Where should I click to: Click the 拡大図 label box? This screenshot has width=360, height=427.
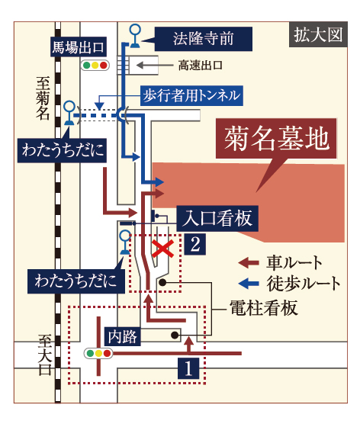coord(318,34)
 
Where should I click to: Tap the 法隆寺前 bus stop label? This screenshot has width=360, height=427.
coord(203,39)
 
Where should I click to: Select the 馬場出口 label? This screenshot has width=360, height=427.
coord(78,47)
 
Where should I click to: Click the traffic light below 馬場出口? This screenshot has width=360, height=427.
coord(95,66)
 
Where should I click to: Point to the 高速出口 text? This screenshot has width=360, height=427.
coord(200,66)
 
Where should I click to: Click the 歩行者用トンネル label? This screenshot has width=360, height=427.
coord(191,95)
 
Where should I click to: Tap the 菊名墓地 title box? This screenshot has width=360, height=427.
coord(276,138)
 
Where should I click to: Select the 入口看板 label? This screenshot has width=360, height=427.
coord(217,218)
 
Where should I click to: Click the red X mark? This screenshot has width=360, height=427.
coord(163,249)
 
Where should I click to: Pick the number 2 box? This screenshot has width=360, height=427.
coord(195,244)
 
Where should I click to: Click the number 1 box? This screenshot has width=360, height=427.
coord(188,368)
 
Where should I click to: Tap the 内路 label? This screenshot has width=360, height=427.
coord(123,336)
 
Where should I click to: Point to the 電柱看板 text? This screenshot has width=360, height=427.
coord(264,308)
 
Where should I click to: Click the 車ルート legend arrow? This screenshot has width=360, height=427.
coord(249,263)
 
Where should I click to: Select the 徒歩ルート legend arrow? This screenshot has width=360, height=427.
coord(249,284)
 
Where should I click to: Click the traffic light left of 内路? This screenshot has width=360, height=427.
coord(98,354)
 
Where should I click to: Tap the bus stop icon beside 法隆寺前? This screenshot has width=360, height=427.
coord(135,36)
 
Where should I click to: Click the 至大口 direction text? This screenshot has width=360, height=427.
coord(45,355)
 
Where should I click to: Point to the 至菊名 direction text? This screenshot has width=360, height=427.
coord(43,98)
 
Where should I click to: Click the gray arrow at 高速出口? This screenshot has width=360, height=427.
coord(155,66)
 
